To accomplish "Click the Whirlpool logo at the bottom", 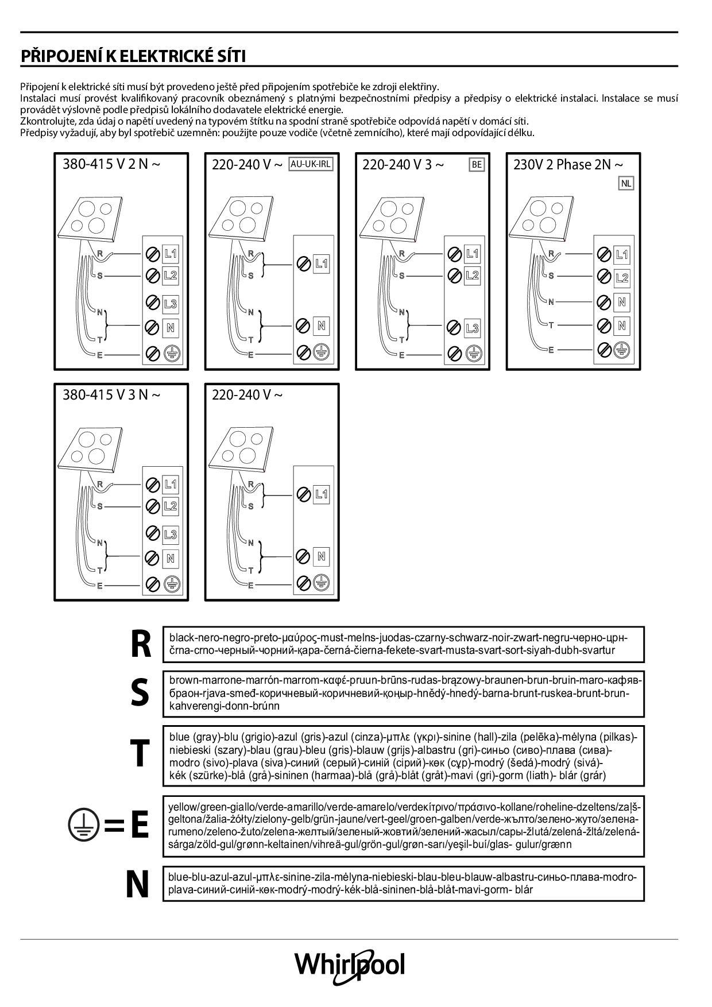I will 350,964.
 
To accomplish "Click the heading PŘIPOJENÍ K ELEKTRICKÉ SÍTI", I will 133,56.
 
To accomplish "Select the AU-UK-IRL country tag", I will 311,164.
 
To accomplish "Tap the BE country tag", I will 477,165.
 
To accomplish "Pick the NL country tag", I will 626,184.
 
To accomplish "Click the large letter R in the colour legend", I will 141,644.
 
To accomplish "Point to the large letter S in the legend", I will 140,693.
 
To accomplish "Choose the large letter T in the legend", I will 140,753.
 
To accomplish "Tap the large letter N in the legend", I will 137,885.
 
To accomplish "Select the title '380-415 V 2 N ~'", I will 111,164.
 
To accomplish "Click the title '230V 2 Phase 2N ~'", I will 568,165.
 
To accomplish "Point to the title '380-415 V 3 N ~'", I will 111,395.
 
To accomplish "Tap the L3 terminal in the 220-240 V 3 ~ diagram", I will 472,328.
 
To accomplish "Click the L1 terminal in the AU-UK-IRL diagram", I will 321,264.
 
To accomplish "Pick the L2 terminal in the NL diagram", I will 622,278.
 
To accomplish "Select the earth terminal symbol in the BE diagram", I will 473,353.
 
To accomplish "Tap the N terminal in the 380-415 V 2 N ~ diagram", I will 171,328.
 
